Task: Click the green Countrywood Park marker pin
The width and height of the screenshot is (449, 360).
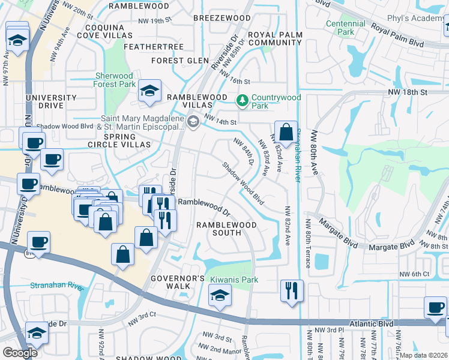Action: [x=243, y=100]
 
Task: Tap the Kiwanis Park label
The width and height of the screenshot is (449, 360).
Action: [x=234, y=280]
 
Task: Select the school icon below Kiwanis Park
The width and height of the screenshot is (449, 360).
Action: [x=220, y=296]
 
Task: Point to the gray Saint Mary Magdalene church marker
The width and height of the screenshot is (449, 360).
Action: [x=193, y=122]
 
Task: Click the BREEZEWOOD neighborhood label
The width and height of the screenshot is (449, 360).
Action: [x=222, y=18]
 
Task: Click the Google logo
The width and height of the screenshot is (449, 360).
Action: [x=20, y=352]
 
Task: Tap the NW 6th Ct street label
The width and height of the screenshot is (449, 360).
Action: [x=415, y=274]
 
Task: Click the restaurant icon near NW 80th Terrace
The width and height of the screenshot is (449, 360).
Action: [x=292, y=291]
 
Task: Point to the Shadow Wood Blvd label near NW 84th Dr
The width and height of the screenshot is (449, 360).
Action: [x=243, y=182]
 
